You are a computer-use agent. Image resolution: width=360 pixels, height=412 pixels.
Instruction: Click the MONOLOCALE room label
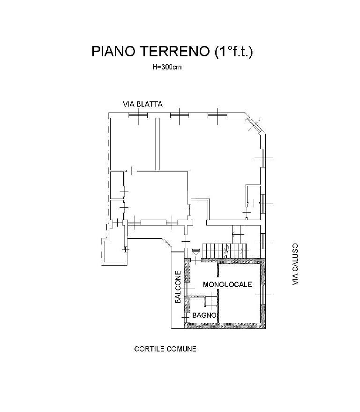[x=227, y=284]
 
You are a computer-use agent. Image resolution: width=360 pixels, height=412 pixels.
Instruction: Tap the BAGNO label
[x=204, y=315]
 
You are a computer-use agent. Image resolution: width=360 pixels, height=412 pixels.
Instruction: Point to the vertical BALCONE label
[x=178, y=287]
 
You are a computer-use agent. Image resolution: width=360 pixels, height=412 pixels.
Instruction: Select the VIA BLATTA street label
[x=143, y=104]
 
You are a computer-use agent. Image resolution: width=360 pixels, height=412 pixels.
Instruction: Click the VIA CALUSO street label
[x=295, y=264]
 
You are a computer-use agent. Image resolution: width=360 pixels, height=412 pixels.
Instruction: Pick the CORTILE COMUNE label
[x=165, y=349]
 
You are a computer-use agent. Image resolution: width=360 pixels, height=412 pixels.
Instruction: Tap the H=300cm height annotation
[x=167, y=67]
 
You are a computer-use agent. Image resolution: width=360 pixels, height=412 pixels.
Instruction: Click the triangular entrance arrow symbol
[x=195, y=252]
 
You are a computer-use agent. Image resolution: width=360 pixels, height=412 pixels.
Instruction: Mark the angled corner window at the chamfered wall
[x=254, y=125]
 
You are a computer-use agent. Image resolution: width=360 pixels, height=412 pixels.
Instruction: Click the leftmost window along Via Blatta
[x=138, y=115]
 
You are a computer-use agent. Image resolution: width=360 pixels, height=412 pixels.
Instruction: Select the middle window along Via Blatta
[x=180, y=115]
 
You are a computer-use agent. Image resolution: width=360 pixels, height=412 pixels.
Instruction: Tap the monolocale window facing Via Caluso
[x=263, y=295]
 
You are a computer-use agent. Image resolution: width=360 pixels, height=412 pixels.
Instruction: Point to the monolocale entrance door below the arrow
[x=196, y=260]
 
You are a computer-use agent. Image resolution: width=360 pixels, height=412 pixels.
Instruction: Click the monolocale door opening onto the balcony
[x=187, y=289]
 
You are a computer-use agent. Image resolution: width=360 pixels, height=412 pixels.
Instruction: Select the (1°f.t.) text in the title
[x=233, y=51]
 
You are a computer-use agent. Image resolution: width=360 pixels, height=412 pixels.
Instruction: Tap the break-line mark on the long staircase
[x=227, y=251]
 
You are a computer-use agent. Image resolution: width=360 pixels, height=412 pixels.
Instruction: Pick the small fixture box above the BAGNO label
[x=210, y=301]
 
